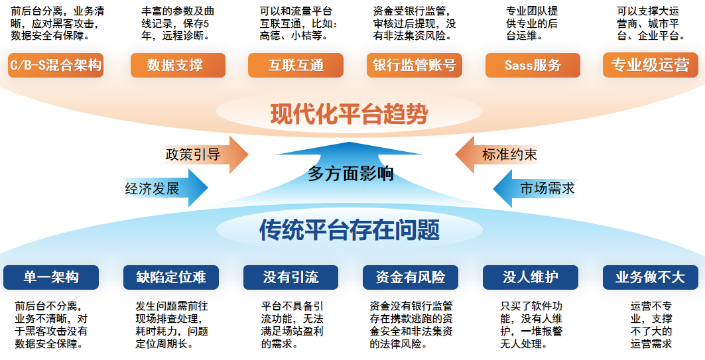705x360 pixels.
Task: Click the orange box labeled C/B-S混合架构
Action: (56, 65)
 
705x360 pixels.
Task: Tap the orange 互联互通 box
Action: (296, 65)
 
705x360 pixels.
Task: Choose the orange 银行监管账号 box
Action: (414, 65)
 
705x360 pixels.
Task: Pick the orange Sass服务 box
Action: (533, 65)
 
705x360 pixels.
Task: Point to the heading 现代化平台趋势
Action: (349, 114)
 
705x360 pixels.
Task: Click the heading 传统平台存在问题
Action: (350, 230)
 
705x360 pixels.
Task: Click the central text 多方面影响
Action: (351, 174)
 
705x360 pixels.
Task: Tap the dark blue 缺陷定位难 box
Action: (171, 277)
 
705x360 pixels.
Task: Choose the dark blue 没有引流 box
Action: (290, 277)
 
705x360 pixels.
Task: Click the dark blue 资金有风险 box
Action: (411, 277)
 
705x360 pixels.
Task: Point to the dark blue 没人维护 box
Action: (531, 277)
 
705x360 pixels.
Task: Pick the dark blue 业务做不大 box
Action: (650, 277)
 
